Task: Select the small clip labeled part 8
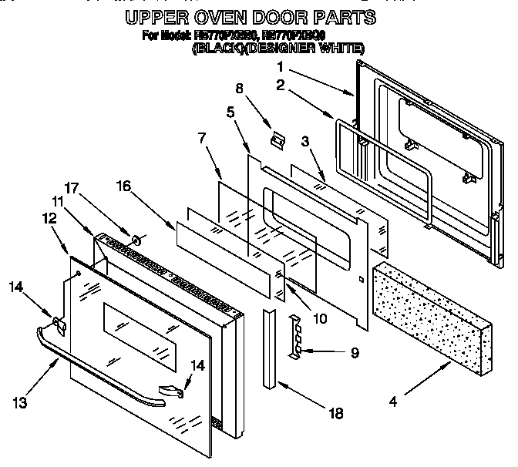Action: [x=276, y=139]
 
